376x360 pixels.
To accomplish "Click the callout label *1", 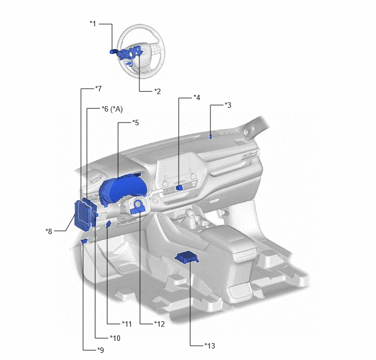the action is pyautogui.click(x=93, y=24).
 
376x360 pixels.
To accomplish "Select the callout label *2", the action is pyautogui.click(x=157, y=91).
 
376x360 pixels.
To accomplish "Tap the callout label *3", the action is pyautogui.click(x=228, y=105).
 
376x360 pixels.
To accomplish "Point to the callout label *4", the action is pyautogui.click(x=197, y=97).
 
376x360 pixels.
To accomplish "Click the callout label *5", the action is pyautogui.click(x=136, y=123).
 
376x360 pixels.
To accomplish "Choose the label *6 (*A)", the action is pyautogui.click(x=112, y=109).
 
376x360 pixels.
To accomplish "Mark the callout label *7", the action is pyautogui.click(x=98, y=89).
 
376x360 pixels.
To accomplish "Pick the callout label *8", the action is pyautogui.click(x=49, y=231).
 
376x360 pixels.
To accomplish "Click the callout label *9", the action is pyautogui.click(x=101, y=350).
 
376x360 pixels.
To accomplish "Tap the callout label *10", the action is pyautogui.click(x=115, y=338).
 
